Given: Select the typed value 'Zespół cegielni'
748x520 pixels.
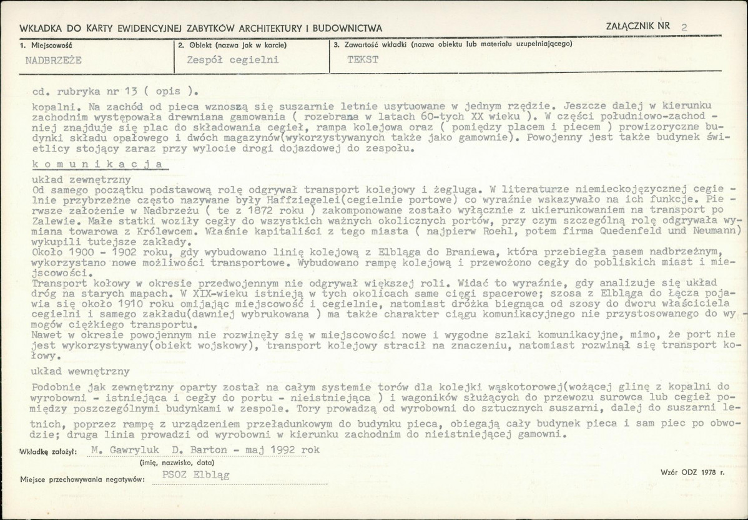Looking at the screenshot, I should click(x=232, y=60).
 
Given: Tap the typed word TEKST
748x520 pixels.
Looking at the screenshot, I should click(x=362, y=60).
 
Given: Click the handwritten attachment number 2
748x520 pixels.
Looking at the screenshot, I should click(x=684, y=27).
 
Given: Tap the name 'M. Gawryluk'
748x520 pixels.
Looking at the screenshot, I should click(x=124, y=449).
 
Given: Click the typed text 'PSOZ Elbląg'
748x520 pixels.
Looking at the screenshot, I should click(x=195, y=474).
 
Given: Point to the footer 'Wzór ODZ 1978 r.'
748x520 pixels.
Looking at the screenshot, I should click(x=692, y=473).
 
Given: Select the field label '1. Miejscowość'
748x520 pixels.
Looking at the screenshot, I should click(x=46, y=45).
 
